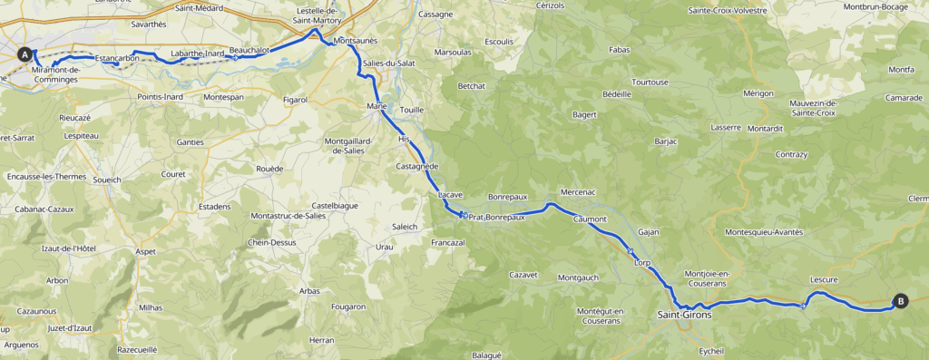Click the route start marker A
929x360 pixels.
[24, 54]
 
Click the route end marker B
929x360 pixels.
[900, 302]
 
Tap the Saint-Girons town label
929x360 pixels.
[684, 315]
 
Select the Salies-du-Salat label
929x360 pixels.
[387, 63]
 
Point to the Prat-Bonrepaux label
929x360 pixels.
[496, 218]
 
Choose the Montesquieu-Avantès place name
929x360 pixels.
[764, 232]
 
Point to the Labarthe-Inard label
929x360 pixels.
[196, 54]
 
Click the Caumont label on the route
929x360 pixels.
[591, 219]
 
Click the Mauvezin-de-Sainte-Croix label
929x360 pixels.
[813, 108]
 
